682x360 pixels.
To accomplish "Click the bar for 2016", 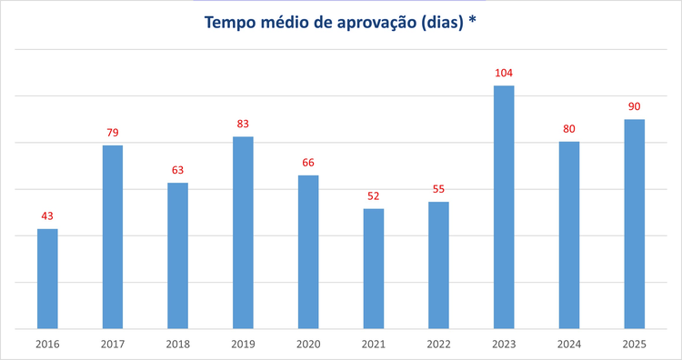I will tap(47, 278).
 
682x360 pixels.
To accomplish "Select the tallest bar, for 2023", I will tap(504, 206).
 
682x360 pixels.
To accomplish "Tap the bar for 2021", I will tap(373, 268).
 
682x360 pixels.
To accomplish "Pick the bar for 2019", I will tap(243, 232).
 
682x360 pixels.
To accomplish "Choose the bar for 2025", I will tap(635, 224).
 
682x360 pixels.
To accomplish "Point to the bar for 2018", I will tap(177, 255).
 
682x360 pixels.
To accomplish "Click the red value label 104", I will tap(504, 73).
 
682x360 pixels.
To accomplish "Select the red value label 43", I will tap(47, 215).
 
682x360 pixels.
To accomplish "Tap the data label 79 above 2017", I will tap(113, 133).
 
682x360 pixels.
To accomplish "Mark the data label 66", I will tap(308, 163).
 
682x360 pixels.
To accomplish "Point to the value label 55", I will tap(438, 189).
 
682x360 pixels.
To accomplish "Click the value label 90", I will tap(635, 106).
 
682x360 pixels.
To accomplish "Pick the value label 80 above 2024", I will tap(569, 129).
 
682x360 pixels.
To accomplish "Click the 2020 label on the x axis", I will tap(308, 345).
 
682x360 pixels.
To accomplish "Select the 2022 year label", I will tap(438, 345).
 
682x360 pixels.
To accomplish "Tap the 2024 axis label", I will tap(569, 345).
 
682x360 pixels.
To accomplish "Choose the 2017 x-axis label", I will tap(113, 345).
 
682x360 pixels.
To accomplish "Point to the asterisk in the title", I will tap(473, 20).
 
